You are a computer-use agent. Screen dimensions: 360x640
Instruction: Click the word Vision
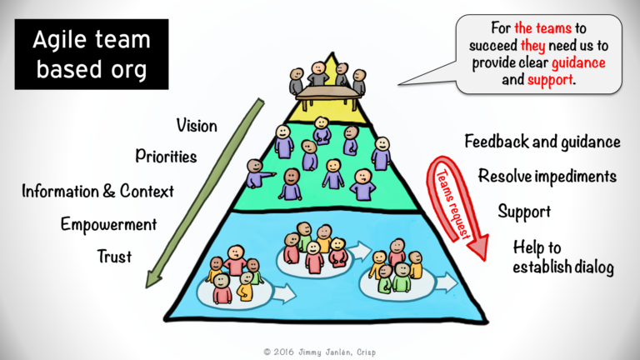tap(197, 126)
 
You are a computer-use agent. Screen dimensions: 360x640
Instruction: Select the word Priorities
tap(167, 156)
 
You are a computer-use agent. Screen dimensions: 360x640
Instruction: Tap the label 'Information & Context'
tap(97, 191)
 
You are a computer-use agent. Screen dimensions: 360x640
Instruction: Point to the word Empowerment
tap(108, 224)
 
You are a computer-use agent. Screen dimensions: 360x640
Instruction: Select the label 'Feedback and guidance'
tap(542, 142)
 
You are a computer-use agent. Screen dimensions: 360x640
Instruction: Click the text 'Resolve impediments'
tap(547, 176)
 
